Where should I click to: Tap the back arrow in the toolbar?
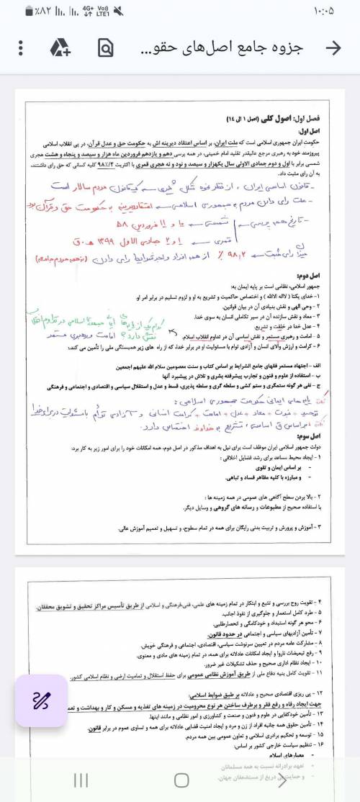coord(333,48)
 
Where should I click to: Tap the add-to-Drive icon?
coord(60,48)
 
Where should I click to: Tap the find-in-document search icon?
coord(106,48)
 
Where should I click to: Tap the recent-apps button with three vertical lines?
coord(81,780)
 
